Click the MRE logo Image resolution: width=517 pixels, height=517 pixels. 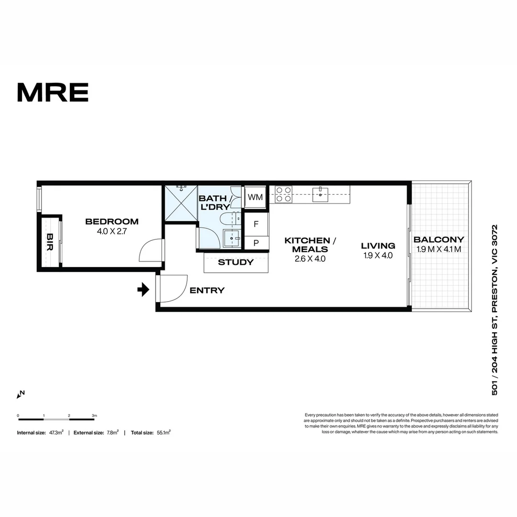coord(53,92)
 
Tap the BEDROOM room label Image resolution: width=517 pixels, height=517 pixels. coord(112,222)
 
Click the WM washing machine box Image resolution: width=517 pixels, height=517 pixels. coord(255,197)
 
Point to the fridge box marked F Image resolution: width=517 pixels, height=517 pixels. coord(256,224)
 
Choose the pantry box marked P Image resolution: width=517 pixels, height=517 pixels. coord(256,243)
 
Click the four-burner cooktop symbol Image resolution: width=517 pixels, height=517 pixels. coord(283,194)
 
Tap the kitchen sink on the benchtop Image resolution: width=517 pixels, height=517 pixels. coord(319,193)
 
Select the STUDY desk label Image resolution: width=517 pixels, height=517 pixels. coord(236,262)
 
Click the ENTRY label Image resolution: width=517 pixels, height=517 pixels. coord(207,290)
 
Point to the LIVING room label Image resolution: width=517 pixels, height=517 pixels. coord(378,246)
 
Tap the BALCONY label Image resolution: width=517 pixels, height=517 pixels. coord(438,239)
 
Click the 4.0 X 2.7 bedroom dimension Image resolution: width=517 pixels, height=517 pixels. coord(112,231)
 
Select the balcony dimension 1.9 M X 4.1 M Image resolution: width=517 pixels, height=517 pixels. coord(438,249)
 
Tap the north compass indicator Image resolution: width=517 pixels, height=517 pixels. coord(21,394)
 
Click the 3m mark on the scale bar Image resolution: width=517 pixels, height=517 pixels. coord(94,416)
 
